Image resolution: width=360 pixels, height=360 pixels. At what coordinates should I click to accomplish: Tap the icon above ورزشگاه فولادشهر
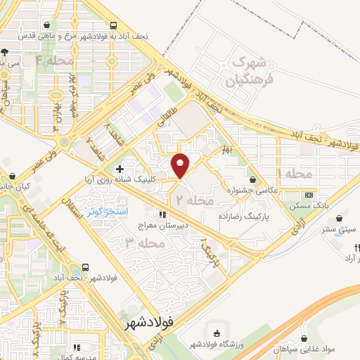(217, 333)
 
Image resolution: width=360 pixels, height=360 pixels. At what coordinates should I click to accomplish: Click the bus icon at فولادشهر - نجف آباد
(85, 267)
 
